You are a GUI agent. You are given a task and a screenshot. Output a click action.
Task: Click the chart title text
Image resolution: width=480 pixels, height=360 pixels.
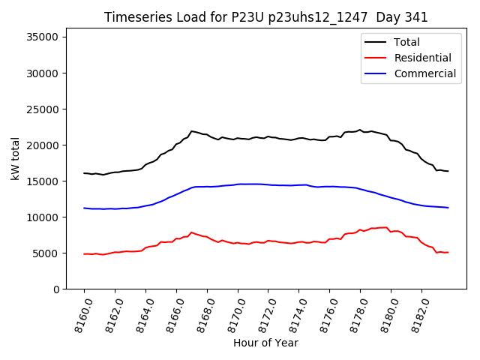click(265, 17)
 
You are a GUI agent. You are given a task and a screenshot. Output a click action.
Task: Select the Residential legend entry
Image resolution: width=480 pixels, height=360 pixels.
click(422, 58)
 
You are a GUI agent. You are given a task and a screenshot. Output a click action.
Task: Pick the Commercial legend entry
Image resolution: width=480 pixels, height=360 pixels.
click(424, 73)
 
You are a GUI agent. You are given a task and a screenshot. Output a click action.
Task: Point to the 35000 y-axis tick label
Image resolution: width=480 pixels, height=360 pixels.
click(43, 37)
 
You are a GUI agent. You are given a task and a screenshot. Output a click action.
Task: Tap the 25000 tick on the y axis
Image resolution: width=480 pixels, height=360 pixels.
click(43, 109)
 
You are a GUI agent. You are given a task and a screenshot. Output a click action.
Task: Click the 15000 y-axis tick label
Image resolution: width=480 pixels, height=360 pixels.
click(43, 181)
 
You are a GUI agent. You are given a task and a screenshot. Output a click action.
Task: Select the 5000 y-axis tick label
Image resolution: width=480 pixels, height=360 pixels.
click(46, 253)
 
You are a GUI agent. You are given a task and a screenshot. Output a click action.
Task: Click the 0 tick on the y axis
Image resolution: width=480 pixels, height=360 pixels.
click(56, 289)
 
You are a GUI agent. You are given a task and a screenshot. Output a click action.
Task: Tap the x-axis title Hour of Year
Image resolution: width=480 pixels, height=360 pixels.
click(265, 343)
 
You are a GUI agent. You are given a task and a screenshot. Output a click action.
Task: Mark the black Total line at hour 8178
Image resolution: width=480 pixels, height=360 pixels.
click(360, 130)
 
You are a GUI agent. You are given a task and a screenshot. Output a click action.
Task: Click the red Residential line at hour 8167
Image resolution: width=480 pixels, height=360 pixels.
click(191, 232)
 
